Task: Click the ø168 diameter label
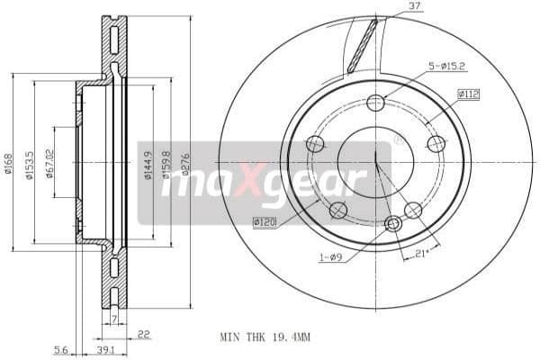coord(8,163)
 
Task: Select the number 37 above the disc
coord(389,8)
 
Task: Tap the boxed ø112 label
coord(468,93)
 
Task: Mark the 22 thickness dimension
coord(143,334)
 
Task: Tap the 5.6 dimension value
coord(61,348)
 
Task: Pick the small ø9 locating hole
coord(392,223)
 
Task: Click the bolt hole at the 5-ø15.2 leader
coord(376,103)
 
